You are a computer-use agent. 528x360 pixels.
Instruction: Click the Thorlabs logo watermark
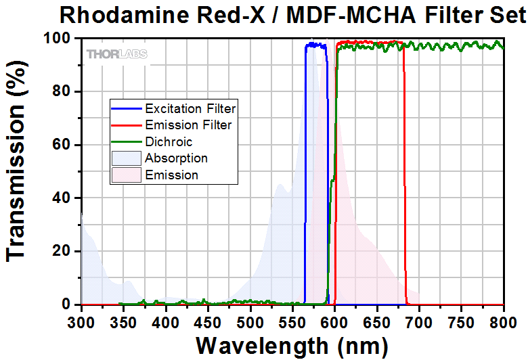coord(116,53)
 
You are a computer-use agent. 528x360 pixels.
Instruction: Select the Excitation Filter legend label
coord(190,108)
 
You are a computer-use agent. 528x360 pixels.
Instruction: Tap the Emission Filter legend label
coord(188,125)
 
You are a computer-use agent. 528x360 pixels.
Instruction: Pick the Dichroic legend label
coord(169,142)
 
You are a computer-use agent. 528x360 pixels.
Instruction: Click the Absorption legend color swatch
coord(127,158)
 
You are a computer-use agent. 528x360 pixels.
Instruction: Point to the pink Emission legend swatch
coord(127,175)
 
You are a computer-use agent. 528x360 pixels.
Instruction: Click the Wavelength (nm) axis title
coord(292,346)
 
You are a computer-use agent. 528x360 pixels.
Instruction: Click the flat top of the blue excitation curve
coord(315,45)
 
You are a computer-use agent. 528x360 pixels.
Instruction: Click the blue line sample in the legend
coord(127,108)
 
